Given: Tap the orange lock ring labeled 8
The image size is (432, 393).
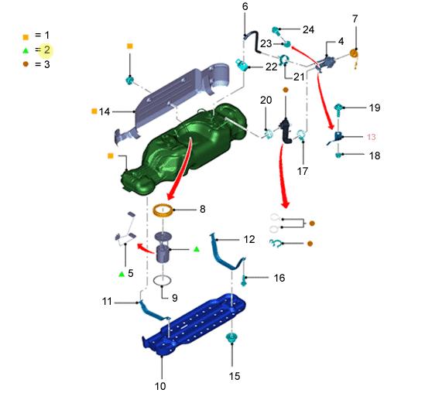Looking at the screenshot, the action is coord(163,210).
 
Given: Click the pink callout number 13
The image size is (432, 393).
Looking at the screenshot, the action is coord(371,137).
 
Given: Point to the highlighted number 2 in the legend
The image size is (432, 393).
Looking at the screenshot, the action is coord(46,50).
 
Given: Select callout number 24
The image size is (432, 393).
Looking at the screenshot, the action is coord(308,29).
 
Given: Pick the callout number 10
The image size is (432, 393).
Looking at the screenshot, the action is coord(160,386).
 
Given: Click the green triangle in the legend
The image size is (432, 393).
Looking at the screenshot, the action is coord(26,50).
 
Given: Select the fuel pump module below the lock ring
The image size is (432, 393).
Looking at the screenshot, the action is coord(163,247).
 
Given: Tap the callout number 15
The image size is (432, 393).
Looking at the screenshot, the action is coord(235,376).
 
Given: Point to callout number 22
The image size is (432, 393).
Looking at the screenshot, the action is coord(272,67).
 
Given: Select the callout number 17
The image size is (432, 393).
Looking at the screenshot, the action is coord(302,171).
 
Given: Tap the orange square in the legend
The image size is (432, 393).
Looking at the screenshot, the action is coord(26,37).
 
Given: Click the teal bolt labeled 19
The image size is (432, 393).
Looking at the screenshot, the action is coord(338,109).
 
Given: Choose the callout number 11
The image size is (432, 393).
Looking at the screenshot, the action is coord(107,301).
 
